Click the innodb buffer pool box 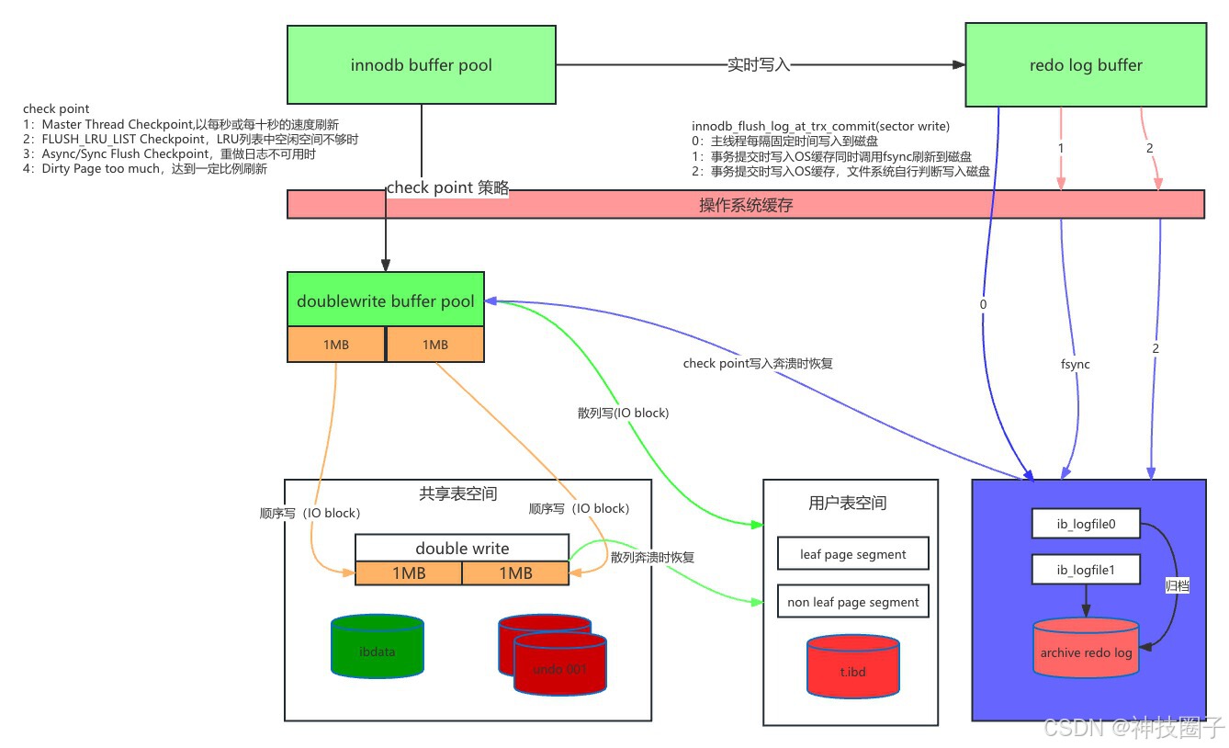point(422,65)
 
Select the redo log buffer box point(1086,65)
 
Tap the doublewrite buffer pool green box point(386,300)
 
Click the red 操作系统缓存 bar point(745,205)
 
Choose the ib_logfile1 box point(1086,571)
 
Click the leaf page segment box point(853,554)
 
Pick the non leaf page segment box point(853,602)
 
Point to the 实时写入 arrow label point(759,65)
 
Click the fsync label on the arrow point(1075,364)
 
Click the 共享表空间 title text point(457,494)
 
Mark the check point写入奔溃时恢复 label point(758,364)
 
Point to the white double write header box point(462,548)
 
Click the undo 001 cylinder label point(559,669)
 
